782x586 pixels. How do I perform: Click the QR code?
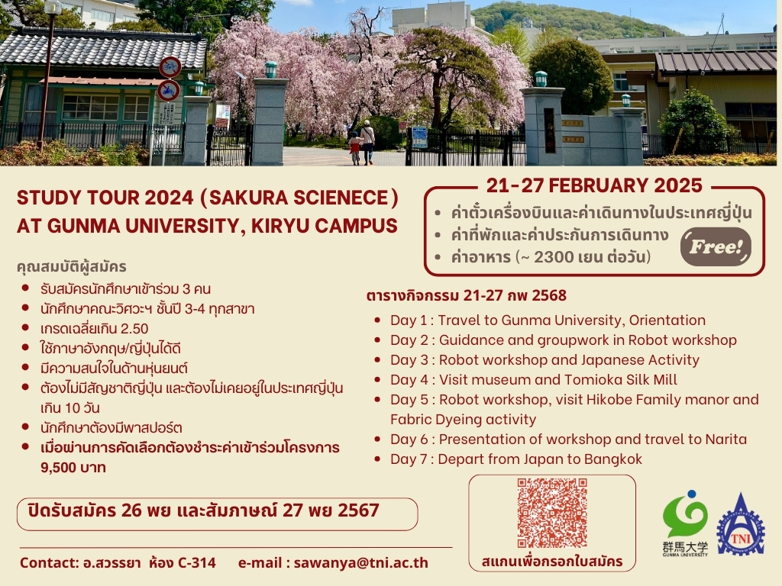(552, 513)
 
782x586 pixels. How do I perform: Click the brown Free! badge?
(716, 246)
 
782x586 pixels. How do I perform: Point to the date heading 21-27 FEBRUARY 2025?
(594, 185)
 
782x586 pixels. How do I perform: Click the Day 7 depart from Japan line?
(516, 459)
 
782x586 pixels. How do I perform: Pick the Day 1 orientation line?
(548, 320)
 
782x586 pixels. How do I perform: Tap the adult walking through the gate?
(367, 140)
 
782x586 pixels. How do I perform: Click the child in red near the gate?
(354, 147)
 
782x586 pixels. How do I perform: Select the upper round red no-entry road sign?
(170, 66)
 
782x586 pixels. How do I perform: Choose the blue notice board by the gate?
(419, 137)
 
